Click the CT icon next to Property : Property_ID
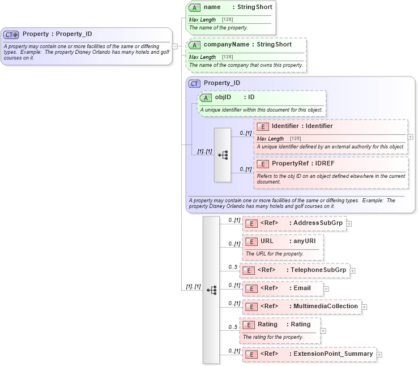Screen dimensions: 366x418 [11, 34]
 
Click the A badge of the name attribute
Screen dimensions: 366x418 [195, 7]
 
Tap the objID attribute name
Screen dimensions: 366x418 [223, 97]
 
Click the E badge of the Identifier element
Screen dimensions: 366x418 [262, 126]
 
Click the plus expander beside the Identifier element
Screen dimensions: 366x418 [410, 137]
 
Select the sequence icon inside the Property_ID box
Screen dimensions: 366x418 [223, 155]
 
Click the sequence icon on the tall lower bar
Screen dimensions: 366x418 [211, 290]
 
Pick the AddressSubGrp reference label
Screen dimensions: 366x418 [317, 223]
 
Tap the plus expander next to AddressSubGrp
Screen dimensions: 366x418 [349, 223]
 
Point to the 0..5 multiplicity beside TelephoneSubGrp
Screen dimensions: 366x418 [232, 267]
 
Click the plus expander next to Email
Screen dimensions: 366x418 [326, 288]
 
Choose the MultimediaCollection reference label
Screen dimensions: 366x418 [325, 306]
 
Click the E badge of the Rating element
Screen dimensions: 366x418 [248, 325]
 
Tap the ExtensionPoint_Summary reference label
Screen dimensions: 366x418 [332, 354]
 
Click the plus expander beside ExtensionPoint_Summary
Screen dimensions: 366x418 [379, 354]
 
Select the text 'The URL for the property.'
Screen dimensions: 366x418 [275, 254]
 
